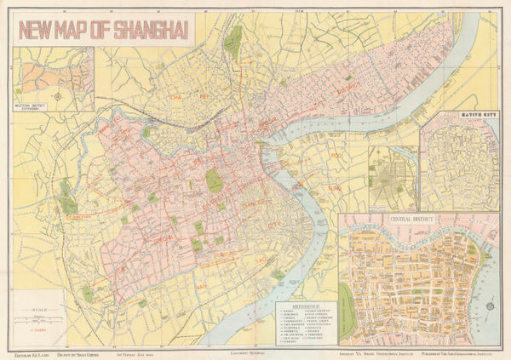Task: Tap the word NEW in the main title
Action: coord(40,31)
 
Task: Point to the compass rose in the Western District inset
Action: coord(57,96)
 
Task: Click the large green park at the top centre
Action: coord(232,38)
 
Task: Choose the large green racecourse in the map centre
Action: coord(215,180)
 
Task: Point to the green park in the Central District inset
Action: coord(345,298)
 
